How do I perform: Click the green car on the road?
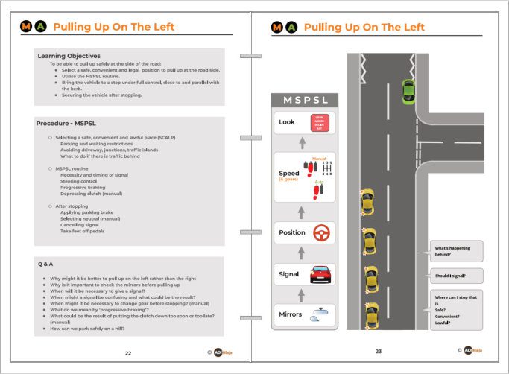coord(408,92)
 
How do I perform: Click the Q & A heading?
coord(48,264)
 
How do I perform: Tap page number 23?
coord(378,352)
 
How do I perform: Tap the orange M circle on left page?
coord(26,27)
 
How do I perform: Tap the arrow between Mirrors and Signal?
coord(301,294)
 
